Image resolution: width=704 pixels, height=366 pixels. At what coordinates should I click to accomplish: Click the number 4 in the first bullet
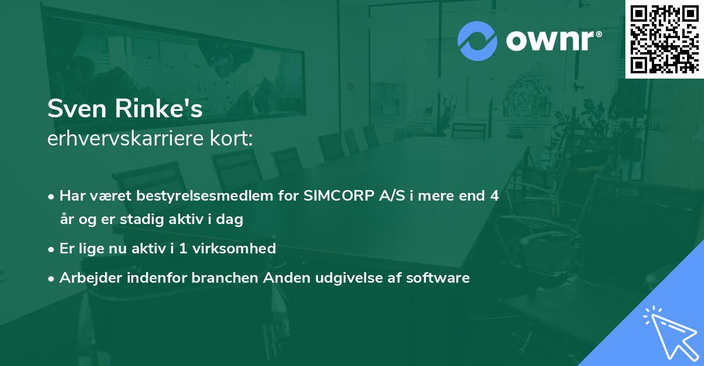tap(494, 196)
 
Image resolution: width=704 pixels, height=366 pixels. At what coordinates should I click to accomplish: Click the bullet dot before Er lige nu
tap(52, 249)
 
